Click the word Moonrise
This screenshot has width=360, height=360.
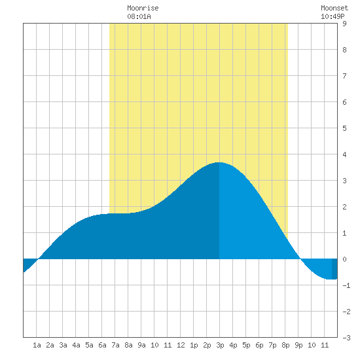[x=143, y=8]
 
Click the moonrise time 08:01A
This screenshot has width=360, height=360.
[x=139, y=16]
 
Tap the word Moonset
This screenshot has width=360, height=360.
[x=334, y=8]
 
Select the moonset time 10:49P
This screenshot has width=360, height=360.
[x=333, y=16]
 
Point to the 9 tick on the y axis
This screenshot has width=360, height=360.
[x=344, y=24]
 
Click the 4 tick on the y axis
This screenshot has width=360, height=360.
[x=344, y=154]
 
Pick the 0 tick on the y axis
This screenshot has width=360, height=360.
[x=344, y=259]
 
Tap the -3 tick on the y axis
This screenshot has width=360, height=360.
[x=346, y=338]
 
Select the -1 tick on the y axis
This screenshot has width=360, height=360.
[x=346, y=285]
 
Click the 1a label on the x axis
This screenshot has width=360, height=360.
[x=37, y=345]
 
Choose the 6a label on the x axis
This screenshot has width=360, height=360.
[x=102, y=345]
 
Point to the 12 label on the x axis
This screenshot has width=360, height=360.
[x=181, y=345]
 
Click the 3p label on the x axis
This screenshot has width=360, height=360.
[x=220, y=345]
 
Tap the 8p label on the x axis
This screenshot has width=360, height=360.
[x=285, y=345]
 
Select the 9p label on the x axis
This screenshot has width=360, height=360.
[x=298, y=345]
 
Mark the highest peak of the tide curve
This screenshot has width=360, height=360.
[x=219, y=162]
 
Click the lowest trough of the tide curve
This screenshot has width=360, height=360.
[x=331, y=279]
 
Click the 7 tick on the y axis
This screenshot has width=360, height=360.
[x=344, y=76]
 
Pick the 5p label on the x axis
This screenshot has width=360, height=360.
[x=246, y=345]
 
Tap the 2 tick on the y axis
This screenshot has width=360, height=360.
[x=344, y=207]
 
